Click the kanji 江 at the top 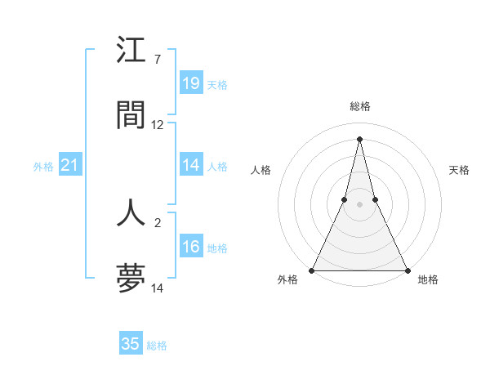pos(131,51)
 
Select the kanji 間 pos(131,114)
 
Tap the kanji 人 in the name pos(131,212)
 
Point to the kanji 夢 pos(131,277)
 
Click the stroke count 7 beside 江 pos(158,60)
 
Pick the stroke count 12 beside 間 pos(158,125)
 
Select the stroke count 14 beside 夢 pos(158,288)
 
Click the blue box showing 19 pos(191,83)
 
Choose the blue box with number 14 pos(191,165)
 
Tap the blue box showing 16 pos(191,247)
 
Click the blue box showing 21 pos(70,166)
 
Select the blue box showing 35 pos(131,344)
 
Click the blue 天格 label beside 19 pos(217,84)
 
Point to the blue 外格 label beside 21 pos(43,167)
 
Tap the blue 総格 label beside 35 pos(157,346)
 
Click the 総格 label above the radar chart pos(360,106)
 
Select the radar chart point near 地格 pos(407,270)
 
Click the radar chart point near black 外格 pos(312,270)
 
